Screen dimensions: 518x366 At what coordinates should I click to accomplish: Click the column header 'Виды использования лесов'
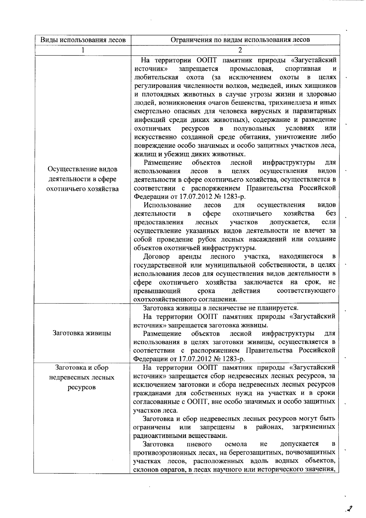click(x=83, y=40)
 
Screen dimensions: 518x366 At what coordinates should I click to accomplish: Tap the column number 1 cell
click(x=83, y=50)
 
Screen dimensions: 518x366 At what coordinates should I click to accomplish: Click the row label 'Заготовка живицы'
click(x=82, y=333)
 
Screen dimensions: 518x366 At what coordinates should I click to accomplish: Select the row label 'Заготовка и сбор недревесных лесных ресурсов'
click(x=82, y=377)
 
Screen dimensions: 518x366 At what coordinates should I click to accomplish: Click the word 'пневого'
click(x=199, y=444)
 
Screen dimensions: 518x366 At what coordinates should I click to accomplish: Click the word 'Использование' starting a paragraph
click(x=167, y=205)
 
